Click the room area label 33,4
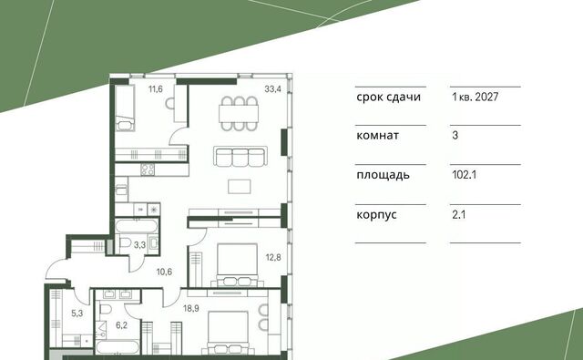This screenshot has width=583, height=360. (x=272, y=89)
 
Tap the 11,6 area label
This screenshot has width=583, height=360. (x=156, y=89)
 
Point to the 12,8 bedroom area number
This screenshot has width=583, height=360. (x=273, y=257)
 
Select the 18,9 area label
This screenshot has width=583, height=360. (x=190, y=308)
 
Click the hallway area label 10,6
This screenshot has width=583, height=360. (x=164, y=272)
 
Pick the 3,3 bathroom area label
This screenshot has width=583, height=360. (x=139, y=245)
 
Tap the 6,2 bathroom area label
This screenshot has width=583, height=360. (x=121, y=325)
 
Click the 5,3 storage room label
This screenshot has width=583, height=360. (x=77, y=314)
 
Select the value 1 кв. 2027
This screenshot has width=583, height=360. (x=476, y=98)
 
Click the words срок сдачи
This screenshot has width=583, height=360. (x=389, y=98)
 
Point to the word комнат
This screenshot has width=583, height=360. (x=378, y=136)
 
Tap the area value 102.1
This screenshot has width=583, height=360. (x=464, y=174)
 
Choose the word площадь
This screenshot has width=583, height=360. (x=383, y=175)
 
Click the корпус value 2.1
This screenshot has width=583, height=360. (x=459, y=214)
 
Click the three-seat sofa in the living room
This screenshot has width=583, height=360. (x=240, y=156)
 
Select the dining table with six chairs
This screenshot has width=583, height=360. (x=239, y=113)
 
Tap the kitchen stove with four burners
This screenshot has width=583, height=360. (x=148, y=170)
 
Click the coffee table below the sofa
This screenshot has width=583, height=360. (x=240, y=186)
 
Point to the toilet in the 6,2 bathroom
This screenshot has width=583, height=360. (x=105, y=310)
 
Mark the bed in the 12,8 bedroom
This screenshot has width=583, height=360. (x=237, y=265)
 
